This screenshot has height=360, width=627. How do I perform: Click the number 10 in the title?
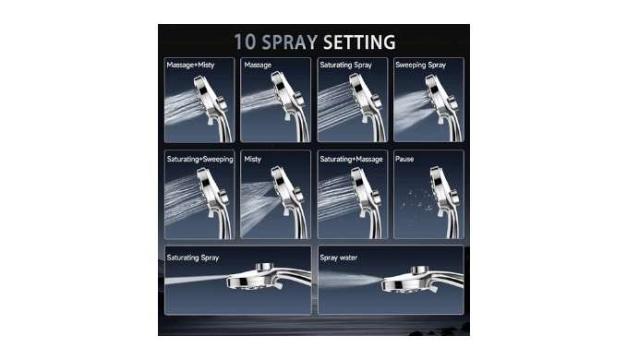click(x=245, y=42)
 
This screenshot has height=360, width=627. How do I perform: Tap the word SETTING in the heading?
click(x=359, y=42)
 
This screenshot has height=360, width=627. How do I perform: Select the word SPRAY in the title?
click(x=290, y=42)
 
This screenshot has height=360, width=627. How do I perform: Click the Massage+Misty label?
click(x=190, y=65)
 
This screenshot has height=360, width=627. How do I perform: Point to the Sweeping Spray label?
click(x=420, y=65)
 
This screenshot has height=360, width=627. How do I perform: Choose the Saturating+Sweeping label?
click(x=199, y=159)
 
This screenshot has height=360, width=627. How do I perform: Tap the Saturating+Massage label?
click(x=351, y=159)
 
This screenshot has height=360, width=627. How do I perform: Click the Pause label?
click(x=404, y=159)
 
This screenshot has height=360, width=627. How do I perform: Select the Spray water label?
click(x=338, y=258)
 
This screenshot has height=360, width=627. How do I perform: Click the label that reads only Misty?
click(x=252, y=159)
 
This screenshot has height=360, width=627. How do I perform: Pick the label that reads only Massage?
click(x=258, y=65)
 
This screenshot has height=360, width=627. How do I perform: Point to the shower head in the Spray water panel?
click(x=420, y=279)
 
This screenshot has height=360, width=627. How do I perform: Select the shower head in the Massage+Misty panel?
click(x=212, y=107)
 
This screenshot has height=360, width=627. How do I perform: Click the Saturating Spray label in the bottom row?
click(x=193, y=258)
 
